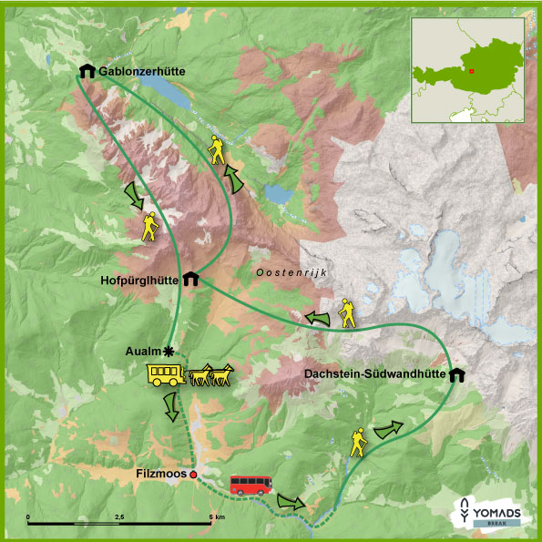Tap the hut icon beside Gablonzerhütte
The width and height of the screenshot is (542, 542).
tap(87, 70)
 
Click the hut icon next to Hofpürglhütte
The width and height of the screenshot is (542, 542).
tap(191, 279)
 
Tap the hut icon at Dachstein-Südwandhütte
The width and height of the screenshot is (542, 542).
tap(455, 373)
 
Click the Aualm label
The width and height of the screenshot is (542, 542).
tap(144, 351)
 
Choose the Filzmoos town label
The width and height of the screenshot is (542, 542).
tap(160, 474)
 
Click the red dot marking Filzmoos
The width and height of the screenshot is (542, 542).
tap(193, 474)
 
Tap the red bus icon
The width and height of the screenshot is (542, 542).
tap(251, 484)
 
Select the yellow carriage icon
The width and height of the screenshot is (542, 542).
tap(166, 374)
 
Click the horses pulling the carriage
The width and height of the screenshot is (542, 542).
tap(211, 375)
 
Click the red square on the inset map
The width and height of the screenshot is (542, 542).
tap(472, 70)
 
